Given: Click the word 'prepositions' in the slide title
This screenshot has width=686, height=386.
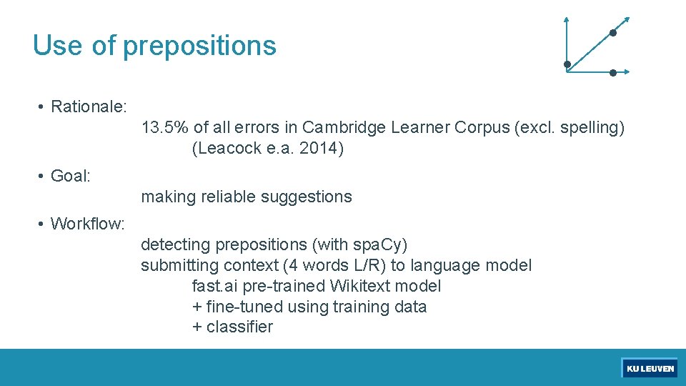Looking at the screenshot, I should (x=199, y=46).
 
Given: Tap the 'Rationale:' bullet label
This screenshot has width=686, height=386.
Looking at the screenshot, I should (x=89, y=107).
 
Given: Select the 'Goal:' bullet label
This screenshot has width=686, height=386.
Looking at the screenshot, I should (x=71, y=176).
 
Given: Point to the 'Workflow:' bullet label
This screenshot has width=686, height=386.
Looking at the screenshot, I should (x=88, y=224).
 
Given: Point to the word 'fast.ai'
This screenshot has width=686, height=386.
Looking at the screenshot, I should (x=215, y=287).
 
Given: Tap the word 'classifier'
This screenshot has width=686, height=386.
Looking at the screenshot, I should (x=239, y=327).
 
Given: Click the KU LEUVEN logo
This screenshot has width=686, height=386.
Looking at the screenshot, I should (x=650, y=368).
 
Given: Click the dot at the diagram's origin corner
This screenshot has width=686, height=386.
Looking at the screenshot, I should (x=567, y=65).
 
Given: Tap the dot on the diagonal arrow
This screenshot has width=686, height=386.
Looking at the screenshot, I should (x=612, y=33).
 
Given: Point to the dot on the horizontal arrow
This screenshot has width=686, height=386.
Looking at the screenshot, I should (x=613, y=72).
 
